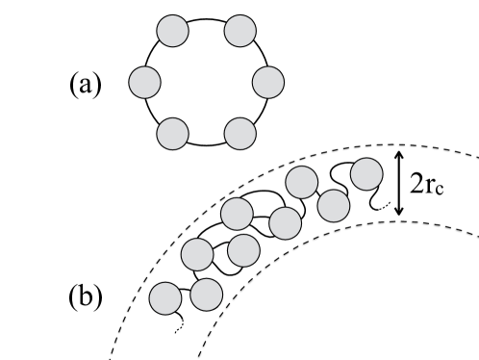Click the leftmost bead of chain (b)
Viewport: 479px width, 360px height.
(x=167, y=298)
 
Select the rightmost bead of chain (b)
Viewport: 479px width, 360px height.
(x=366, y=174)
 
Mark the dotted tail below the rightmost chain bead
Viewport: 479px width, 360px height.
(x=384, y=206)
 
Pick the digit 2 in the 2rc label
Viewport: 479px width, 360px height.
(x=417, y=184)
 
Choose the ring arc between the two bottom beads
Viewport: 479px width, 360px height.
(x=206, y=144)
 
